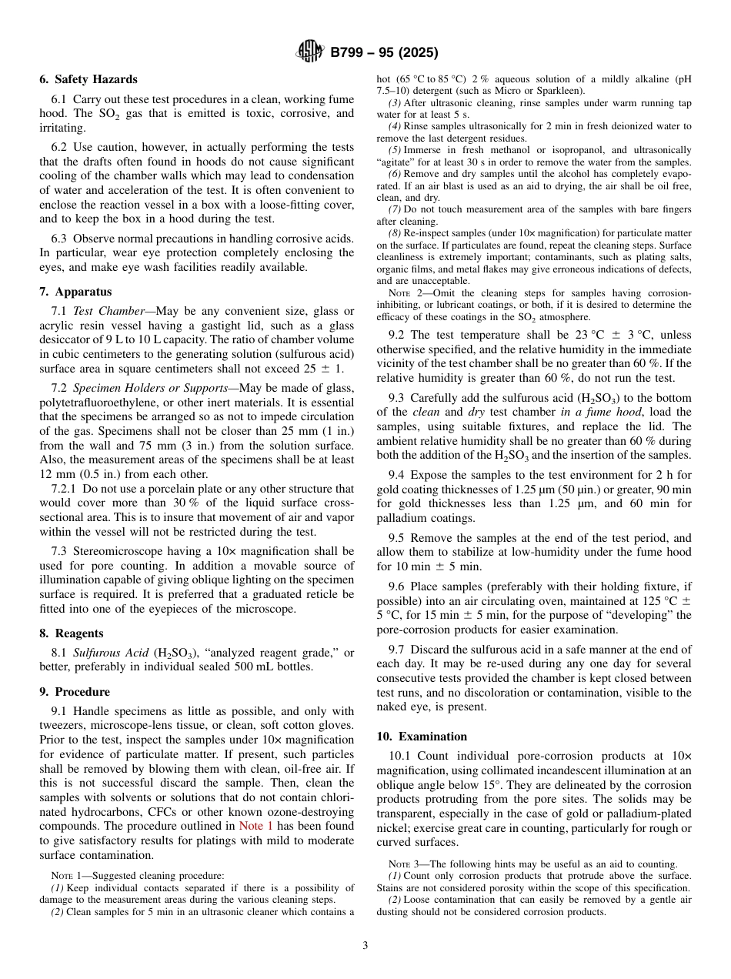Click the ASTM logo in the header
click(x=310, y=52)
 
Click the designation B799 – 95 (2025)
click(x=384, y=53)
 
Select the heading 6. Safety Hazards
click(x=88, y=79)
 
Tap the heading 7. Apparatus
click(x=75, y=292)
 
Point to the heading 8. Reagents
click(x=72, y=633)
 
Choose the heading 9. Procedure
click(x=75, y=692)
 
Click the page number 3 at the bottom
click(x=365, y=946)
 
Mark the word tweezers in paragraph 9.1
click(x=64, y=726)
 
